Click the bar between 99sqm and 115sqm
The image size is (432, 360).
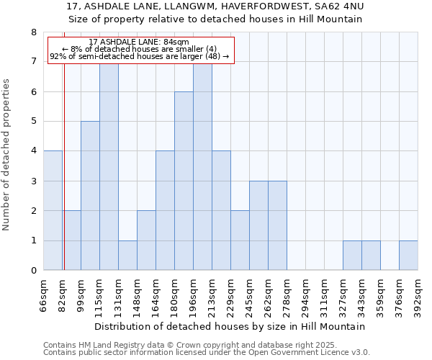(90, 196)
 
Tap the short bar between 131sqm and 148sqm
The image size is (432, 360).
(127, 256)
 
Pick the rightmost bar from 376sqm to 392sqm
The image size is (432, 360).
(408, 256)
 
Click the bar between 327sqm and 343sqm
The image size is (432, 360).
(352, 256)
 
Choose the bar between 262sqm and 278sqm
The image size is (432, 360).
(277, 225)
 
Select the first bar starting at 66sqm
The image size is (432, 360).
(53, 210)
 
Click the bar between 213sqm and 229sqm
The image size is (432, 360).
(221, 210)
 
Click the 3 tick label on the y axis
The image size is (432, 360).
(33, 181)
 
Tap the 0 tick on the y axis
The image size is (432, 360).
(33, 271)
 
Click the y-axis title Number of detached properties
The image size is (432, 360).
(7, 155)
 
